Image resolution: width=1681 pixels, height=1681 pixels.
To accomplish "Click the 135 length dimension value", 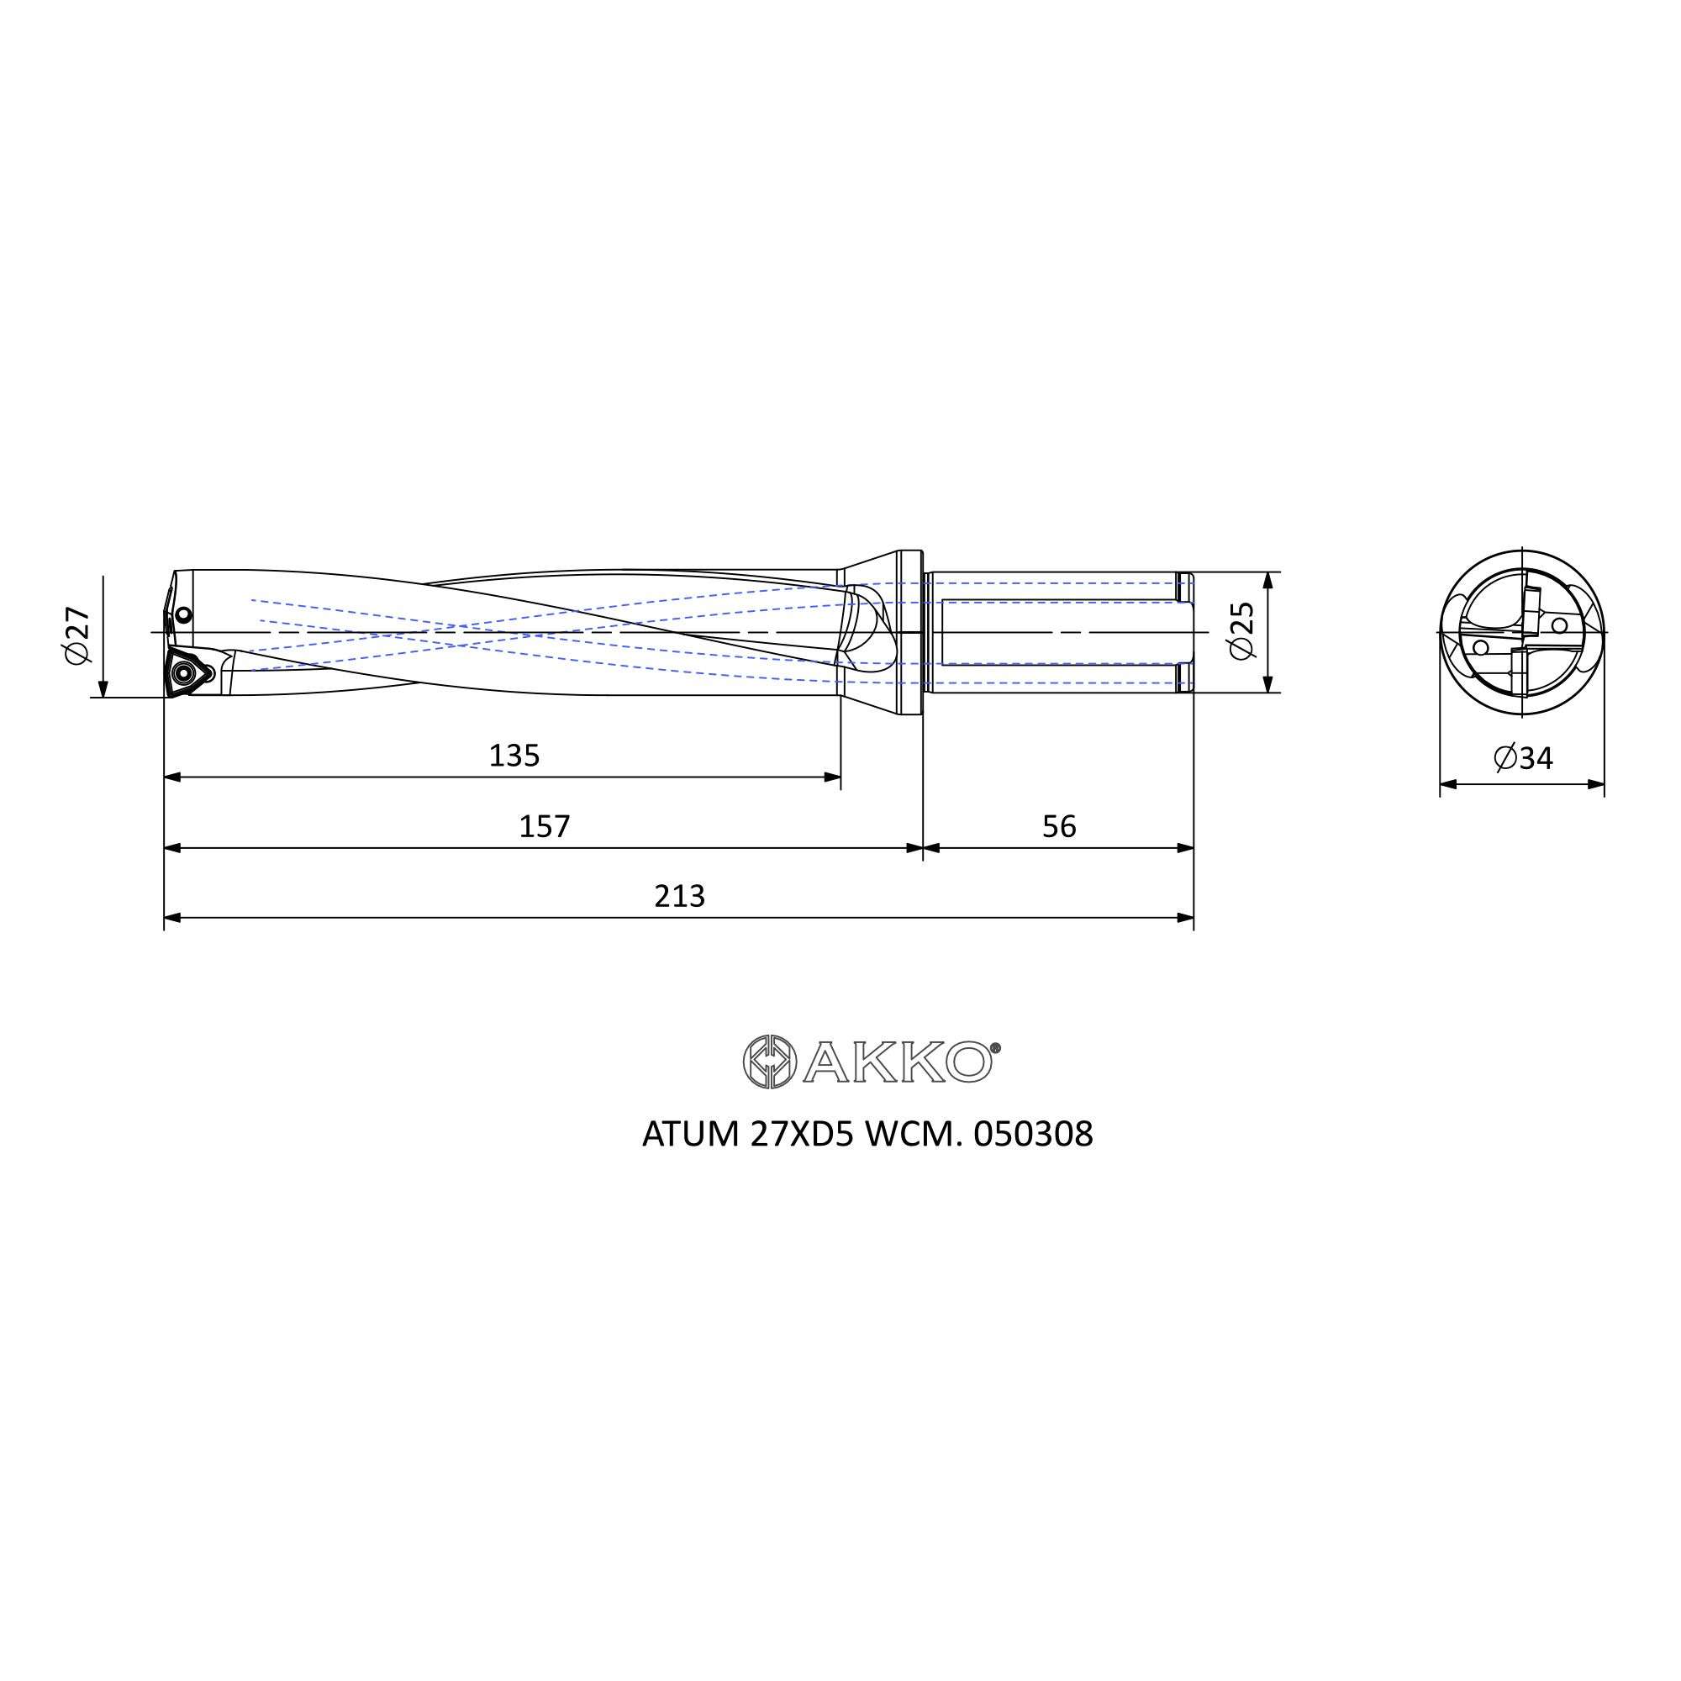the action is point(514,756).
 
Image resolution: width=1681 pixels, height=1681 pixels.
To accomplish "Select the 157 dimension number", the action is point(545,825).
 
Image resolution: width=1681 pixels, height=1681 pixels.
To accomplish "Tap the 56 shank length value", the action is point(1059,825).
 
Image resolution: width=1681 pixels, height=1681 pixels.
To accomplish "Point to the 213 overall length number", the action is point(679,895).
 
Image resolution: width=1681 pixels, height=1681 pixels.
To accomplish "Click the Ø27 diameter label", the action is point(77,635).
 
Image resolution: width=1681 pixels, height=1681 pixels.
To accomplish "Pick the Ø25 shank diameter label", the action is point(1241,631).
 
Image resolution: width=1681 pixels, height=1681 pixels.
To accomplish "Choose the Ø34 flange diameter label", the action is point(1523,758).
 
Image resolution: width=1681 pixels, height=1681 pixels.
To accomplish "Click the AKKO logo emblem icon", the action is point(769,1062).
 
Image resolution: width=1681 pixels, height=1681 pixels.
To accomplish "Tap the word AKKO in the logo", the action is point(897,1062).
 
